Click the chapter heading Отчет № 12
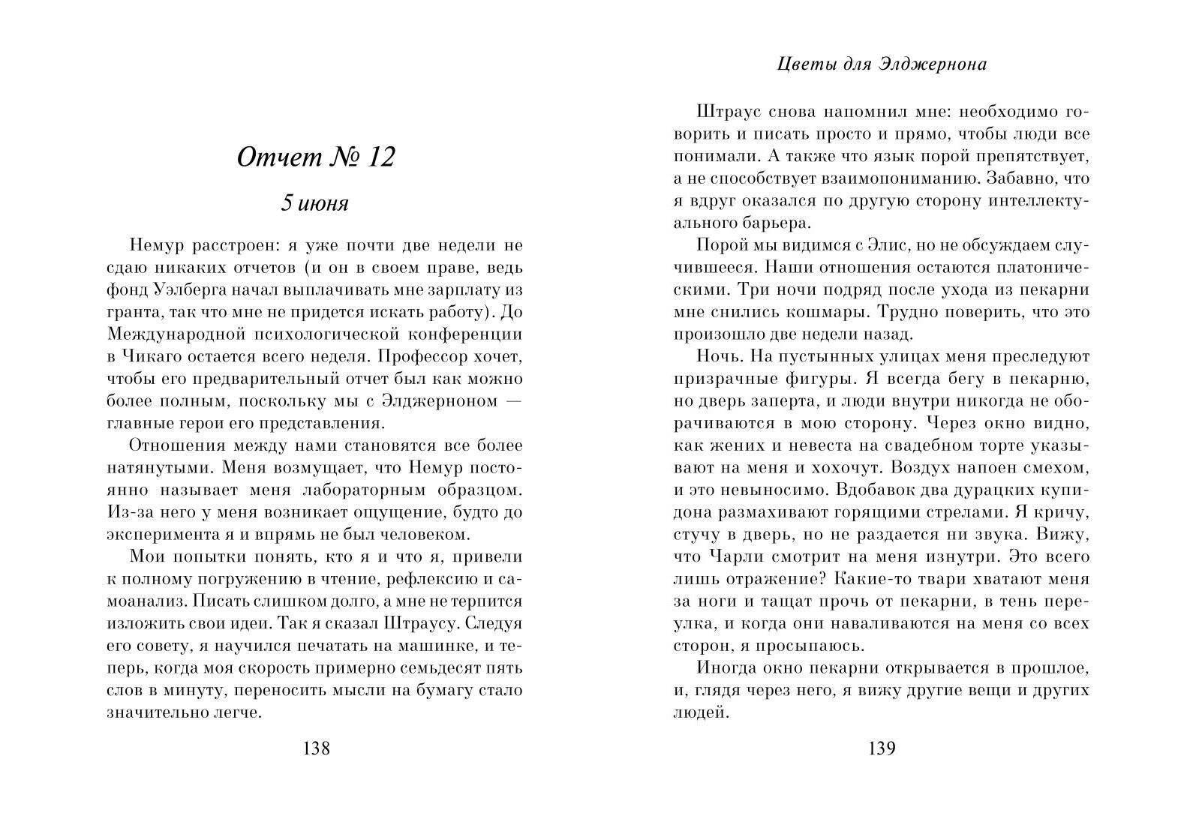point(315,157)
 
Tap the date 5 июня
point(314,203)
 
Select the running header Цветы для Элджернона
point(882,64)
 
